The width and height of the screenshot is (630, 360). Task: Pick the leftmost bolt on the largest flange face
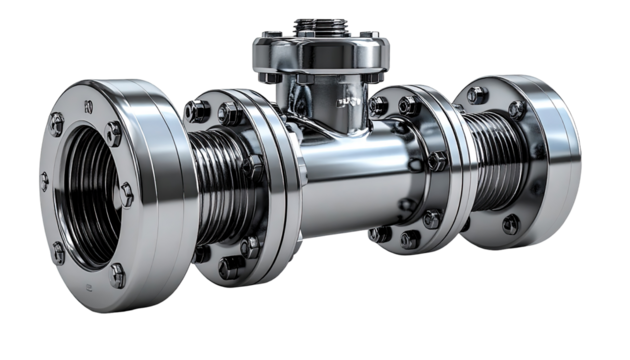tap(44, 181)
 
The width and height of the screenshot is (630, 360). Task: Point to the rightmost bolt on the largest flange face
tap(127, 191)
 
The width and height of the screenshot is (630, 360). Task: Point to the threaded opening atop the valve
tap(313, 24)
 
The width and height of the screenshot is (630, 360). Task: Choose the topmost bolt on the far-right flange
tap(476, 96)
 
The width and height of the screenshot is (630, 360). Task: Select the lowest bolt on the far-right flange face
tap(511, 224)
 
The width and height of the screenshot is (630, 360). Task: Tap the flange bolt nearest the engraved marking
tap(379, 105)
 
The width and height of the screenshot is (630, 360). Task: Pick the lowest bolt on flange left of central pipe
tap(230, 268)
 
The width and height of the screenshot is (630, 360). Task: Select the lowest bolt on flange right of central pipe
tap(410, 239)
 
